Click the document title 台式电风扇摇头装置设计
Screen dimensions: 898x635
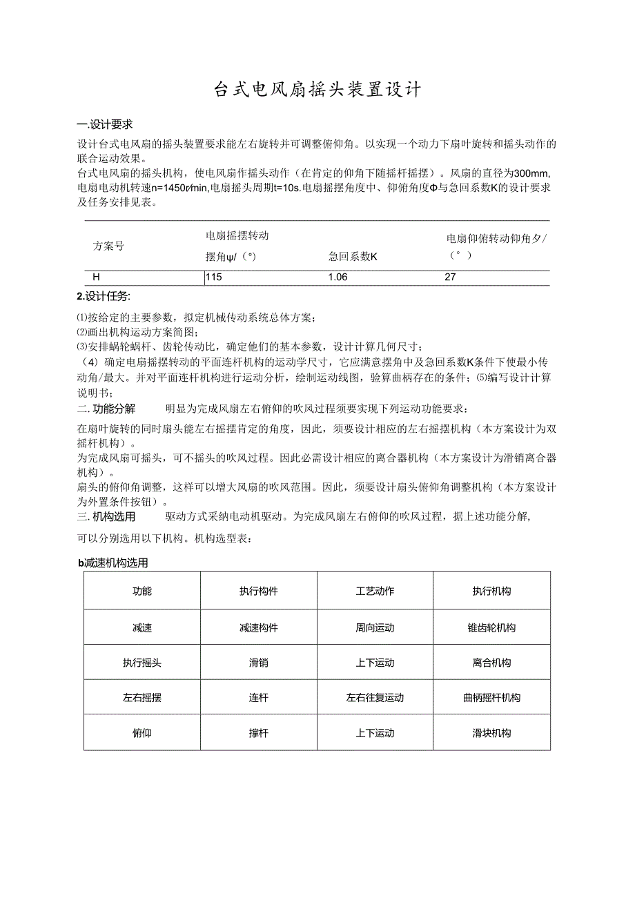point(317,90)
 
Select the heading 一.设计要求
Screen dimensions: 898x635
point(105,124)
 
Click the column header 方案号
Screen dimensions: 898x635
point(108,246)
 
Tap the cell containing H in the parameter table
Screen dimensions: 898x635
point(97,277)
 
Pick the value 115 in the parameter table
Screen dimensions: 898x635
point(214,277)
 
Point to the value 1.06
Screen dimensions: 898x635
point(338,277)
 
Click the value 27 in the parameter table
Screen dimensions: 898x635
point(450,277)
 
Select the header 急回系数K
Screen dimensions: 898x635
point(353,257)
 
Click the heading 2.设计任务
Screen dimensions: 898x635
point(103,296)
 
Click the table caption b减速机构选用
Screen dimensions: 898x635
point(113,563)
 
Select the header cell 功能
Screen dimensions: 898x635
point(142,592)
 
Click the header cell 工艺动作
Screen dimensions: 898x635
point(375,592)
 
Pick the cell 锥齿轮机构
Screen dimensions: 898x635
point(491,628)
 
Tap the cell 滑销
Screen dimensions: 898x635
point(258,663)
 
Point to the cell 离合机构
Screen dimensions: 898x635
point(491,663)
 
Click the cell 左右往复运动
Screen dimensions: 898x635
point(375,698)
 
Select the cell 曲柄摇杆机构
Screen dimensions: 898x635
point(491,698)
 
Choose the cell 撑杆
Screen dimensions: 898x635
point(258,733)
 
